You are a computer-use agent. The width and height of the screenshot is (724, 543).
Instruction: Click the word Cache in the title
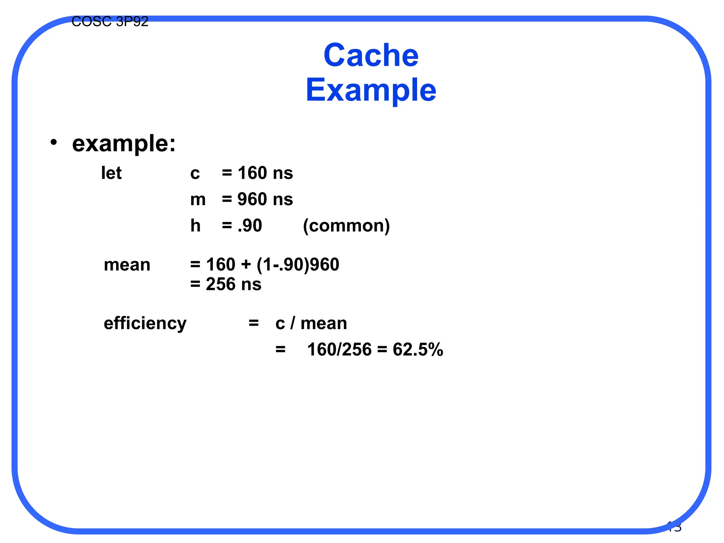371,55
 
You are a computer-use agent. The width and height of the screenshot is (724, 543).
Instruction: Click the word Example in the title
371,90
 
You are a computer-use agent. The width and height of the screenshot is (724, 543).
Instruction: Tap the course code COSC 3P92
110,22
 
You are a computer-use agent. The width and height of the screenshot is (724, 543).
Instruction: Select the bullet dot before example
53,142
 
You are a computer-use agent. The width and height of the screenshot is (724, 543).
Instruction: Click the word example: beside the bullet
124,144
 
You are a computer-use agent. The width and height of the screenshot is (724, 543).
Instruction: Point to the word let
111,173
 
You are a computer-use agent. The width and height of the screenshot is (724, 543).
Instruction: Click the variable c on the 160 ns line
195,173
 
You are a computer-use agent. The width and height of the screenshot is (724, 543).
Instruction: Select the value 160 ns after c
265,173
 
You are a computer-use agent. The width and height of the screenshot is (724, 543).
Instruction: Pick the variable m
198,199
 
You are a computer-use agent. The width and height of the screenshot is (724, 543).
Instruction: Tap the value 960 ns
265,199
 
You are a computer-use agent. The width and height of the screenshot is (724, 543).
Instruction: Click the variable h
195,226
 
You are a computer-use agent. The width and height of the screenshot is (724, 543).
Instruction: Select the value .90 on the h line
250,226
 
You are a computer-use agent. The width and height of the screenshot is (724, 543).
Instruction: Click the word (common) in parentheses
346,226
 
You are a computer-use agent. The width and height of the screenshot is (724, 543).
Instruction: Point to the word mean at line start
127,265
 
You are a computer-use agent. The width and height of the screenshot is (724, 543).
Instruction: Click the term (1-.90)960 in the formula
298,265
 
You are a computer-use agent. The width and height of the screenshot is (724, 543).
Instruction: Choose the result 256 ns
233,284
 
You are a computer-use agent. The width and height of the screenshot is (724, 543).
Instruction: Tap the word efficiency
145,323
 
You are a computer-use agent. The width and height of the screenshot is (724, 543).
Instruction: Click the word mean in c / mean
323,323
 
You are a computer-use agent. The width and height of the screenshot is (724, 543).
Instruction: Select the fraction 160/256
339,350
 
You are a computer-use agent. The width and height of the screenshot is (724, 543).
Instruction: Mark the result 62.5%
418,350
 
